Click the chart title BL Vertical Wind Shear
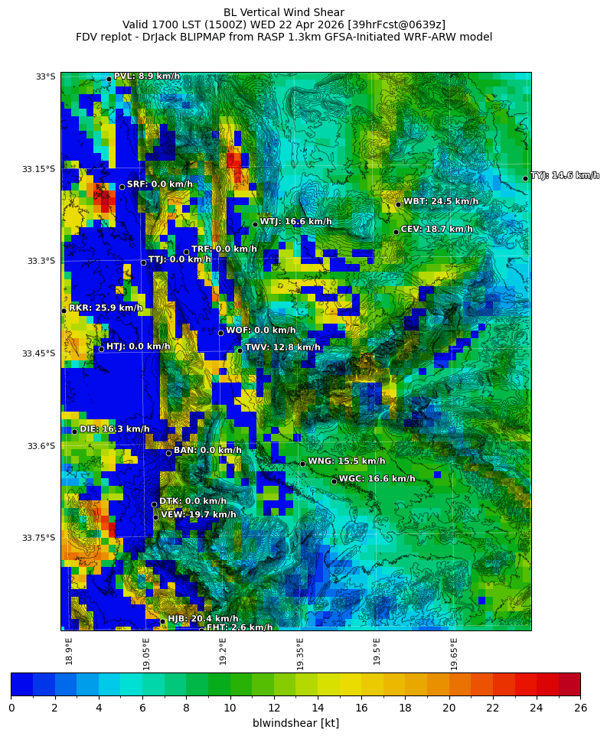pos(284,12)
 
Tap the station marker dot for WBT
pos(398,204)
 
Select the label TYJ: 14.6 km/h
pos(565,176)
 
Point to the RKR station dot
pos(64,311)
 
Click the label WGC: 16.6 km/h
pos(377,479)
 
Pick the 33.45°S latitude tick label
pos(38,353)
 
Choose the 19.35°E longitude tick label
pos(301,653)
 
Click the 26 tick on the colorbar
pos(580,708)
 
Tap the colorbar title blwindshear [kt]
pos(295,723)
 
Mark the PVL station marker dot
pos(109,79)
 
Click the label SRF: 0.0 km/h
pos(159,184)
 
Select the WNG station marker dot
pos(302,464)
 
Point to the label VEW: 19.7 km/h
pos(198,515)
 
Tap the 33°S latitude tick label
pos(45,77)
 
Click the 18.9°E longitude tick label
pos(70,651)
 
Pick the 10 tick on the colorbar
pos(230,708)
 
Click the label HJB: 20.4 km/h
pos(203,619)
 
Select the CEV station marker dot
pos(396,232)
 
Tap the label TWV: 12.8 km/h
pos(282,347)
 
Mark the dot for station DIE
pos(74,432)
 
